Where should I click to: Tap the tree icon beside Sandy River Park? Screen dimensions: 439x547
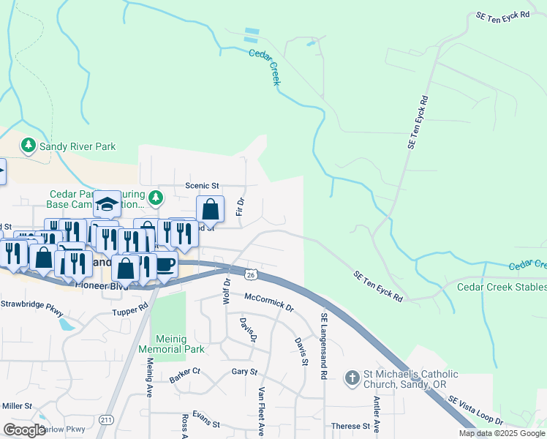pyautogui.click(x=29, y=146)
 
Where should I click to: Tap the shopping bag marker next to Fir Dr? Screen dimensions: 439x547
pyautogui.click(x=210, y=209)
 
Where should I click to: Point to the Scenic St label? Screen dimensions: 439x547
pyautogui.click(x=202, y=186)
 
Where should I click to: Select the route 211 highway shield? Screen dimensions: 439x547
pyautogui.click(x=107, y=419)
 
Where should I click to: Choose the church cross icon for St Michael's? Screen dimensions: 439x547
pyautogui.click(x=352, y=378)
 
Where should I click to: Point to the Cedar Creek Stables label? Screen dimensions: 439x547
pyautogui.click(x=502, y=287)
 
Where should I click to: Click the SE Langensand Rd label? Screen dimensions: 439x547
pyautogui.click(x=322, y=346)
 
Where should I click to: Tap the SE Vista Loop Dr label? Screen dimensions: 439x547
pyautogui.click(x=475, y=410)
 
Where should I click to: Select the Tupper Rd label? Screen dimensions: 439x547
pyautogui.click(x=130, y=312)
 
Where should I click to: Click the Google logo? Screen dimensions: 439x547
pyautogui.click(x=24, y=429)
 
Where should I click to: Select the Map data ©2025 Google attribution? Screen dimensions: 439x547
pyautogui.click(x=502, y=433)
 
